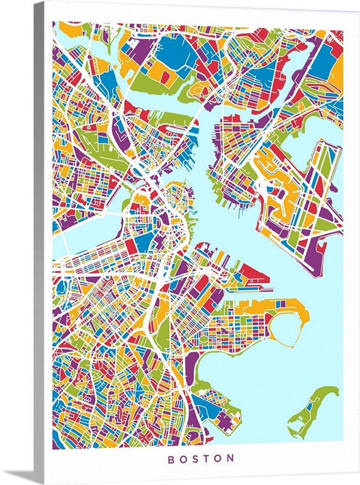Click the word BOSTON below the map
pyautogui.click(x=201, y=459)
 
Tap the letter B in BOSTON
pyautogui.click(x=171, y=459)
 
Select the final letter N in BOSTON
pyautogui.click(x=231, y=459)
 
